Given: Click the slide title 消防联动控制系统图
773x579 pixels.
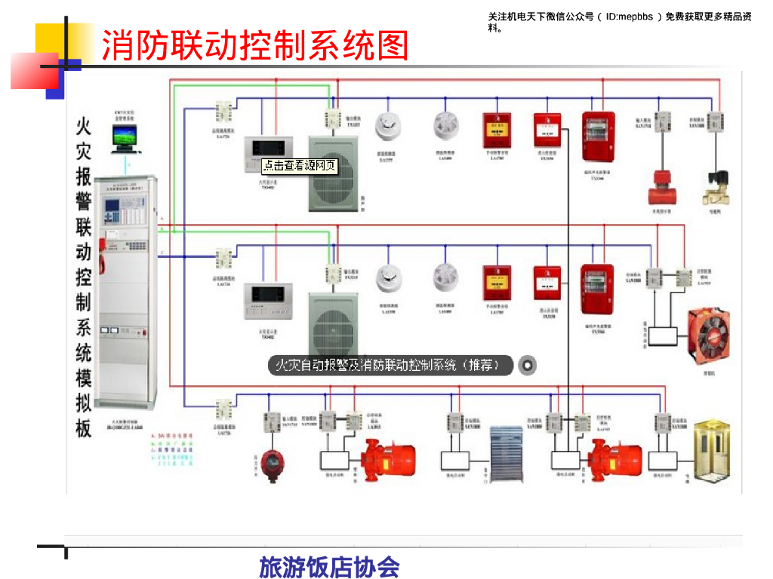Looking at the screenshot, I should pos(254,45).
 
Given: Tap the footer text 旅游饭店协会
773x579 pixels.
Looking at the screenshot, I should pos(329,566).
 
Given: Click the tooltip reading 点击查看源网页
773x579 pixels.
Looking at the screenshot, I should pos(300,165).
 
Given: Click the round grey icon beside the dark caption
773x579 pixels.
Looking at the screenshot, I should pos(527,366).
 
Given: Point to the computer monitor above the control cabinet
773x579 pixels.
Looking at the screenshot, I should pos(124,137).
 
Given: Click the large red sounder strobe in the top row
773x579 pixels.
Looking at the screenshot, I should pos(599,136).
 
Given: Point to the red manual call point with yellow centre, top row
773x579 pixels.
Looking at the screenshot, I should pos(497,130).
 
